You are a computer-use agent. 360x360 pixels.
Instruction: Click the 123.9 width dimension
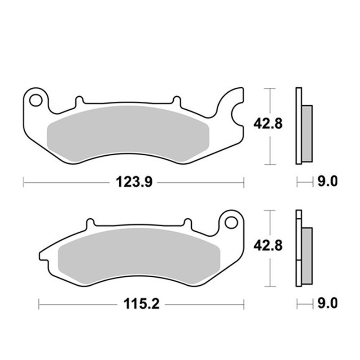(134, 183)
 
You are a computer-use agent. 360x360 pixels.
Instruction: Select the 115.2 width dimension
(141, 304)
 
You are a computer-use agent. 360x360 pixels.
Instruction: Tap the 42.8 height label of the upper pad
(268, 124)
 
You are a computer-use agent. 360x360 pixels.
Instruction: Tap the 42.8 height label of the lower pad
(268, 246)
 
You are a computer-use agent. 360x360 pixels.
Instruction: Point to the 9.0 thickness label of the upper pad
(328, 182)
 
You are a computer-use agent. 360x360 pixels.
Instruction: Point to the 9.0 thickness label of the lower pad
(328, 303)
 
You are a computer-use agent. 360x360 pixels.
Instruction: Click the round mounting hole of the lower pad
(231, 223)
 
